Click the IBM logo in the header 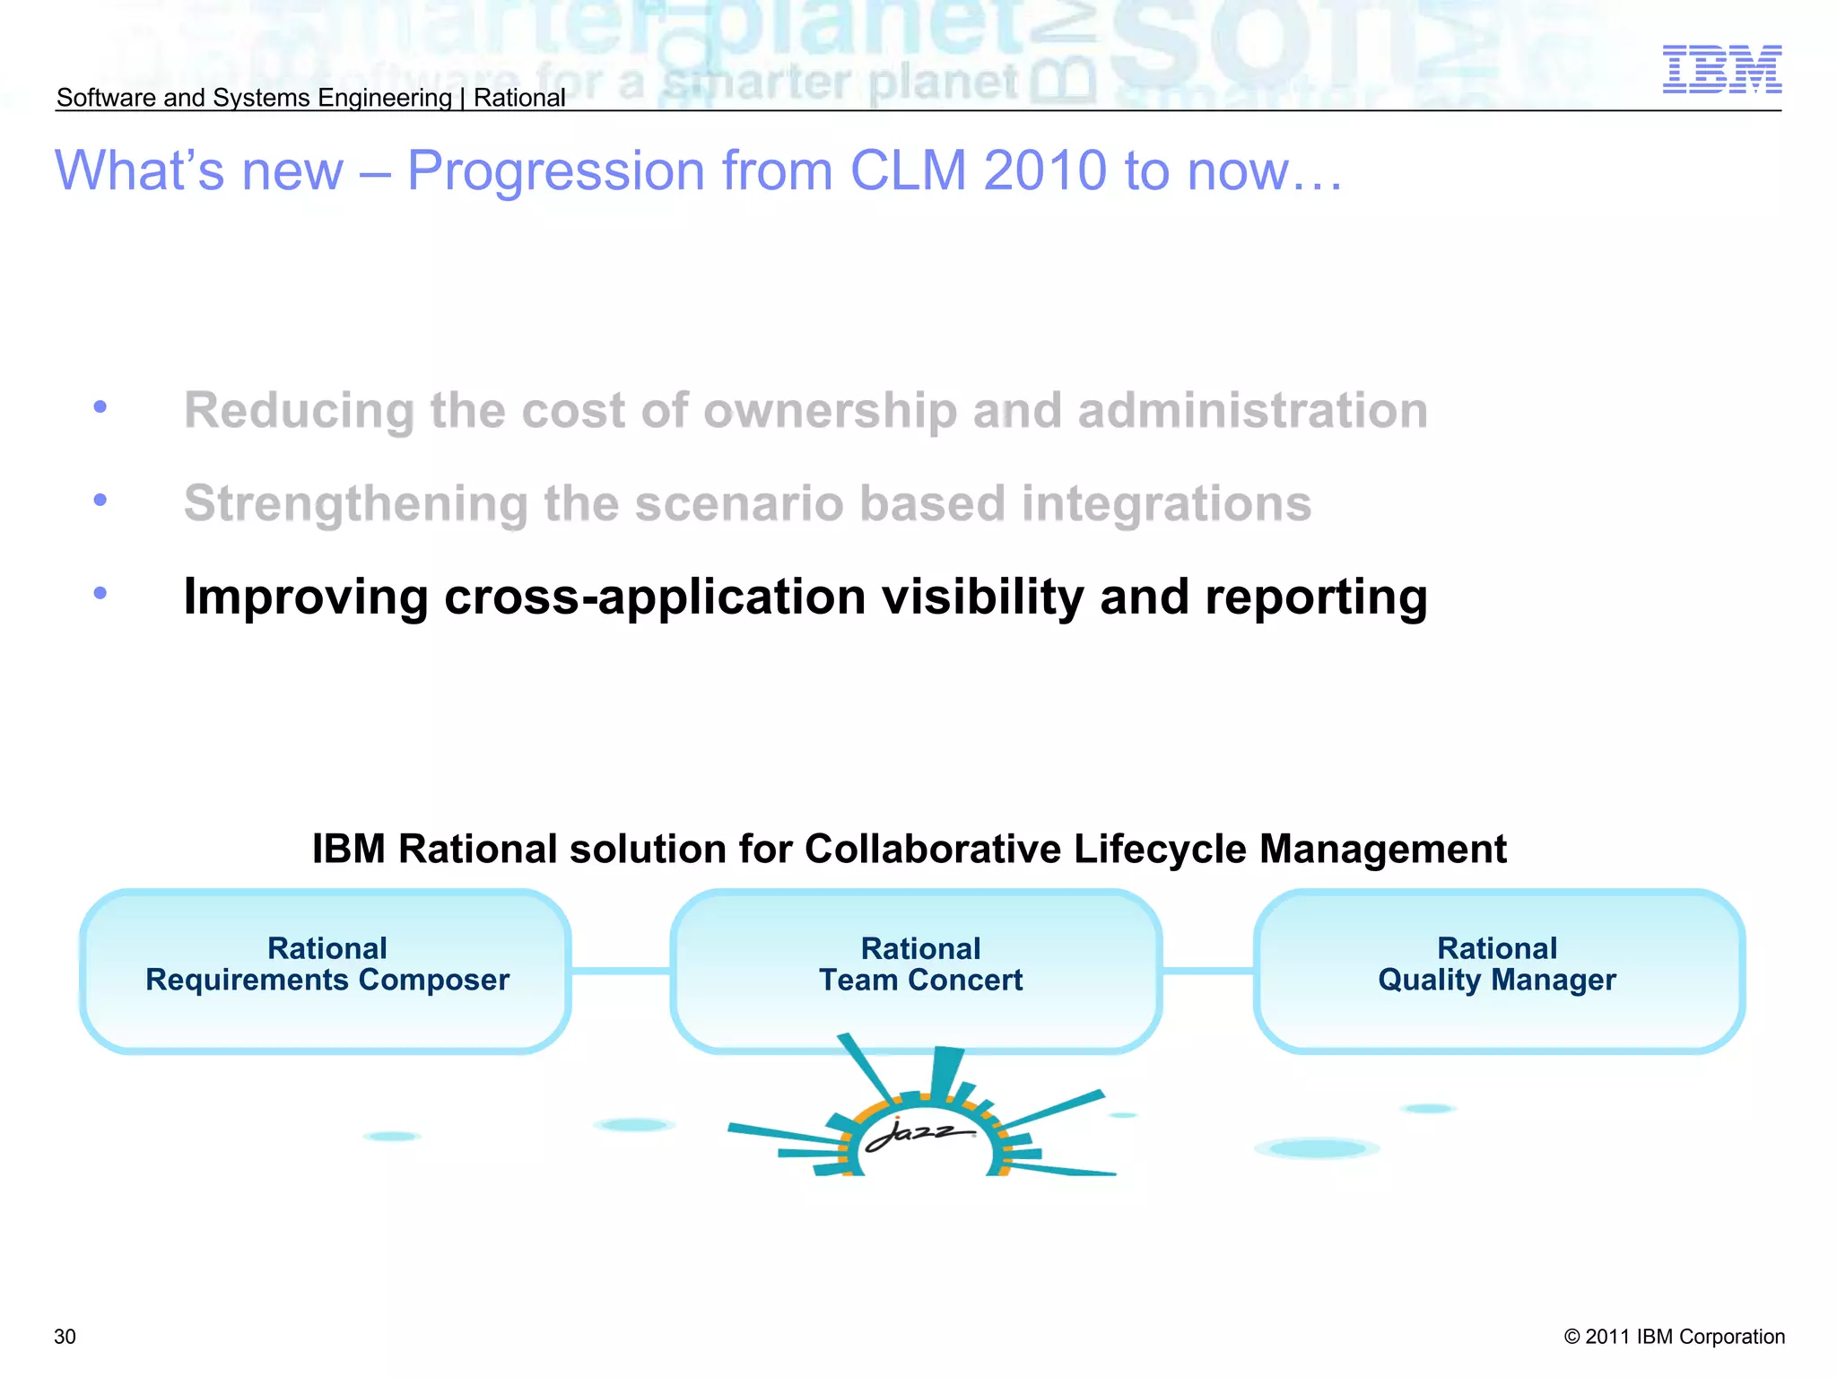1721,69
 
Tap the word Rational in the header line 519,98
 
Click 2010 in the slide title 1044,170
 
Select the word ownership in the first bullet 830,411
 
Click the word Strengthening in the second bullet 355,504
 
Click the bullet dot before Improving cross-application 100,593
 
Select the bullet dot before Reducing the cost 100,407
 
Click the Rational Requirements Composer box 326,971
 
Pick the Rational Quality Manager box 1498,971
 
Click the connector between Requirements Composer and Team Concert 621,971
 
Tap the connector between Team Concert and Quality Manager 1207,971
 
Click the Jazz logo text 917,1133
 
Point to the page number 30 65,1337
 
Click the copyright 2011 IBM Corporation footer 1674,1337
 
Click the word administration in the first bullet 1252,411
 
